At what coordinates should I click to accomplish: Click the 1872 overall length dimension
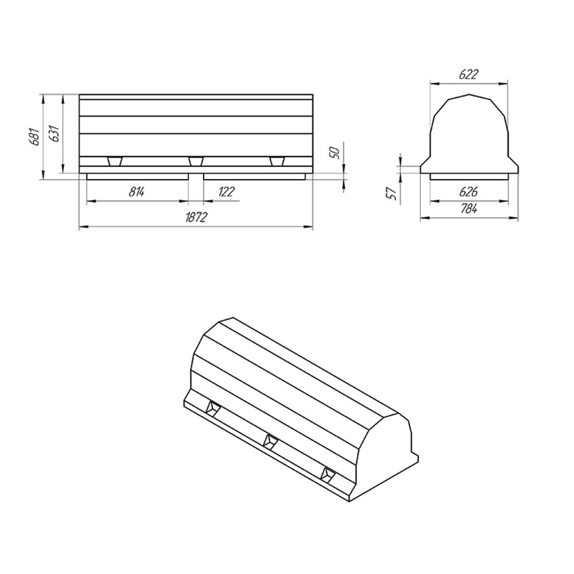[196, 217]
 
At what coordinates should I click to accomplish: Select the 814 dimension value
[137, 192]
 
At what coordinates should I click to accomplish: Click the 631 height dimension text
[54, 133]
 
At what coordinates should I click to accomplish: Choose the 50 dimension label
[335, 153]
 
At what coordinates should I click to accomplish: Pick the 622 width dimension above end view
[468, 75]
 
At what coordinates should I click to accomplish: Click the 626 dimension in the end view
[468, 192]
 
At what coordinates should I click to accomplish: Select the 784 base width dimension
[469, 210]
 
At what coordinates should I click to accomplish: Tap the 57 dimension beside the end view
[391, 193]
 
